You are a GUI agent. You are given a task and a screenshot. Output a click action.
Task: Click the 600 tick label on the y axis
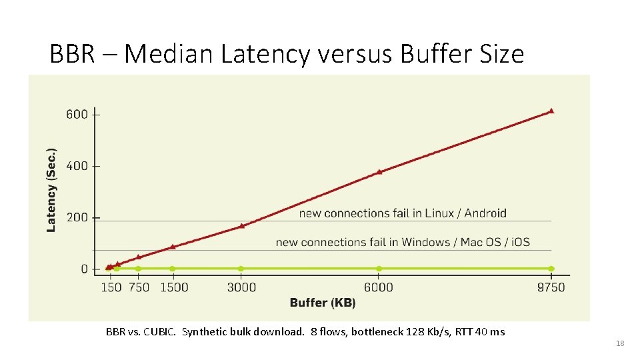[x=77, y=114]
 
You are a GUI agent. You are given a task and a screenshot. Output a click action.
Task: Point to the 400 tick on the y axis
[x=77, y=165]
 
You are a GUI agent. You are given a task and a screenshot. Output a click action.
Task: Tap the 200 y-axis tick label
[x=77, y=217]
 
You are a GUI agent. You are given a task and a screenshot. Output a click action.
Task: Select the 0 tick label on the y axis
[x=84, y=269]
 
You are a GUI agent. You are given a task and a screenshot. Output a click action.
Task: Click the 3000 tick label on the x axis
[x=241, y=287]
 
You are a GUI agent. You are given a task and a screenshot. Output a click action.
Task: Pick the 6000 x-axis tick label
[x=379, y=287]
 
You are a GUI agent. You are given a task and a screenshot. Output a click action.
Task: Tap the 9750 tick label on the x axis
[x=551, y=287]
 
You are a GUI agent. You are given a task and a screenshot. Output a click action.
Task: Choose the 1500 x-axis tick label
[x=174, y=287]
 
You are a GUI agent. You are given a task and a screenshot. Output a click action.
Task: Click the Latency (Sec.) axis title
[x=51, y=189]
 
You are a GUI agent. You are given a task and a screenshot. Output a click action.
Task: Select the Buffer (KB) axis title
[x=323, y=303]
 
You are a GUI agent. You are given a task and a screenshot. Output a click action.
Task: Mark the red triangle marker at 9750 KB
[x=551, y=111]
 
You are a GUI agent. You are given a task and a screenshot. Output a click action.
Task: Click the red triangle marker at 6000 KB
[x=379, y=171]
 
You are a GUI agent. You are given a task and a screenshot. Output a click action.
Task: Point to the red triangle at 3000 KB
[x=241, y=226]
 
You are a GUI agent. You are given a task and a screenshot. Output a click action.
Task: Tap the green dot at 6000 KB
[x=379, y=269]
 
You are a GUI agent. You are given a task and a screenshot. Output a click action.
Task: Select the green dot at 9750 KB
[x=551, y=269]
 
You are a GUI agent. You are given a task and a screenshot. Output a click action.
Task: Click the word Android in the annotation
[x=485, y=213]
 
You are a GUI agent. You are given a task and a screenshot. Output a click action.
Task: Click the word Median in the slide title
[x=169, y=54]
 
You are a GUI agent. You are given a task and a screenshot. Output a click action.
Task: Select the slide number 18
[x=620, y=343]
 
